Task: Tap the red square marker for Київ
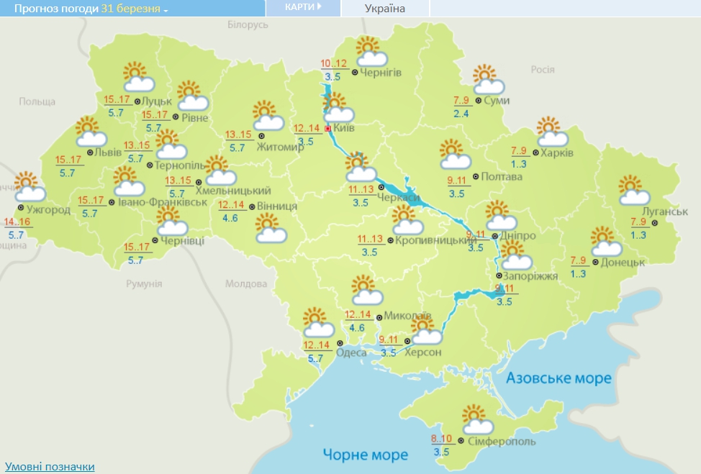click(x=327, y=129)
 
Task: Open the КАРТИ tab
click(x=302, y=7)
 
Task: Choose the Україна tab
click(x=385, y=9)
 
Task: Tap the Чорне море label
click(x=365, y=455)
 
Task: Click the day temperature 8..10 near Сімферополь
click(x=441, y=439)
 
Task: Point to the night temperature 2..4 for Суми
click(x=461, y=113)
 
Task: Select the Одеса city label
click(x=351, y=352)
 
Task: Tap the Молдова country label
click(x=246, y=283)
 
